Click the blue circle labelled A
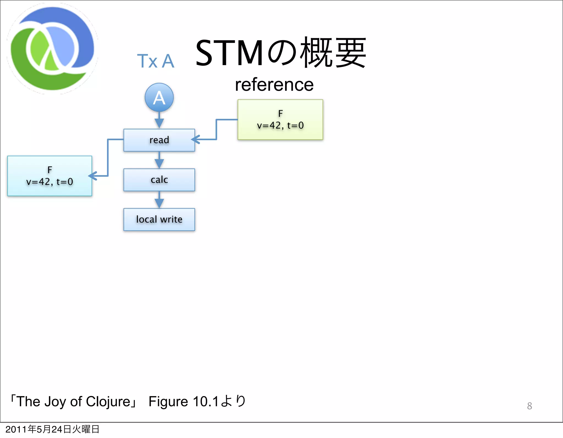[x=159, y=98]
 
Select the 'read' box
[x=159, y=140]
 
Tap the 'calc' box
[x=159, y=180]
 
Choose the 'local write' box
[x=159, y=219]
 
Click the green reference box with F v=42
[x=280, y=120]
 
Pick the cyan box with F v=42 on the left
[x=49, y=176]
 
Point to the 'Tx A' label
[x=156, y=61]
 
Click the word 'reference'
[x=274, y=85]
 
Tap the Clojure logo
[x=52, y=49]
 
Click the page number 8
[x=529, y=406]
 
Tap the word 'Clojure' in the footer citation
[x=108, y=402]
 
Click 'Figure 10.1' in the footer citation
[x=183, y=402]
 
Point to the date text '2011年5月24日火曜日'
[x=52, y=429]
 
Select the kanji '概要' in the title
[x=333, y=53]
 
